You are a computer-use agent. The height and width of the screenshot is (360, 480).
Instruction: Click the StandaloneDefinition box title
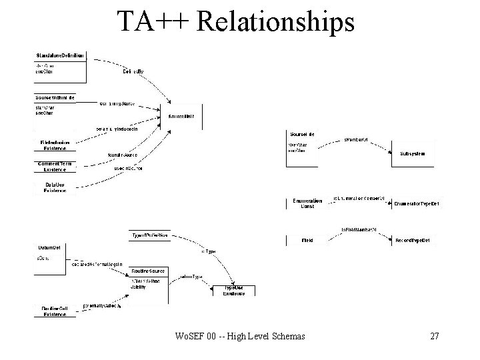point(60,55)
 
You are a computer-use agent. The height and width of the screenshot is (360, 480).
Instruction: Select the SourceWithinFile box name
point(55,97)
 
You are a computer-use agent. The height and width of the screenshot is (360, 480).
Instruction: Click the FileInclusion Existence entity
point(55,145)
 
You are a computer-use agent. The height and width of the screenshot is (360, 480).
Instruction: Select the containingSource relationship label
point(116,104)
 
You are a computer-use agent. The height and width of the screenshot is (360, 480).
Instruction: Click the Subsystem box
point(413,153)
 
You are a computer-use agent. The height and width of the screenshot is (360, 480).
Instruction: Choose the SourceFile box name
point(302,134)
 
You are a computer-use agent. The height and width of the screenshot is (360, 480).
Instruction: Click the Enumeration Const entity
point(307,203)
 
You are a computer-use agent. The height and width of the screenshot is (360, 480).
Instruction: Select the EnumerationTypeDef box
point(416,203)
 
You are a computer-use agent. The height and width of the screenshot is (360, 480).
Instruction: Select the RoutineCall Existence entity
point(55,310)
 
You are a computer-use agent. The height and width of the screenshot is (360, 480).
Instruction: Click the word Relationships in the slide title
point(276,22)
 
